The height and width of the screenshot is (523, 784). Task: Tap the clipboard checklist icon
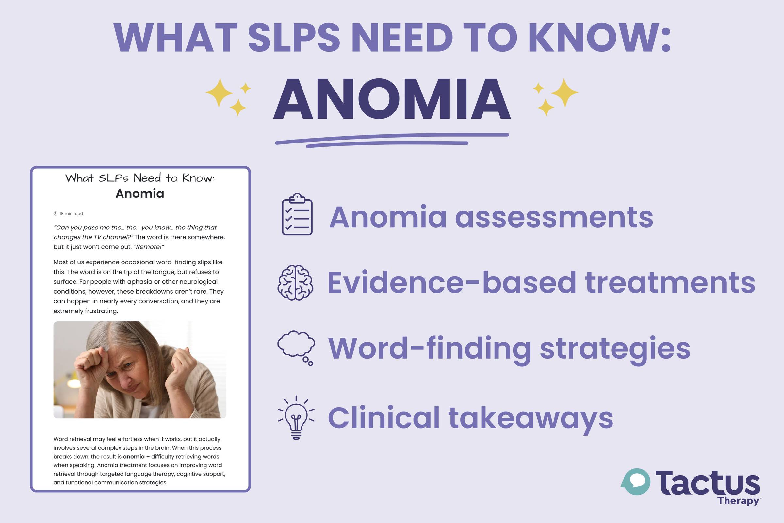[297, 214]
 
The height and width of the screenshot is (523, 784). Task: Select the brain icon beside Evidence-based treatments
[295, 282]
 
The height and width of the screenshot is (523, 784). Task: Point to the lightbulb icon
[296, 417]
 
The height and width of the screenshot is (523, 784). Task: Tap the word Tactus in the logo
[708, 483]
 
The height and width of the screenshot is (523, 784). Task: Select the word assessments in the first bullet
[554, 217]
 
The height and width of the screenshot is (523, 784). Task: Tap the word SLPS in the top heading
[294, 37]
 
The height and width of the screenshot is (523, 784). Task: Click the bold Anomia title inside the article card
[140, 194]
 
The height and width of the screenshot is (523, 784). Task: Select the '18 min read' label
[68, 213]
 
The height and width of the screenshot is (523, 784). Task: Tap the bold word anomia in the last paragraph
[134, 456]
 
